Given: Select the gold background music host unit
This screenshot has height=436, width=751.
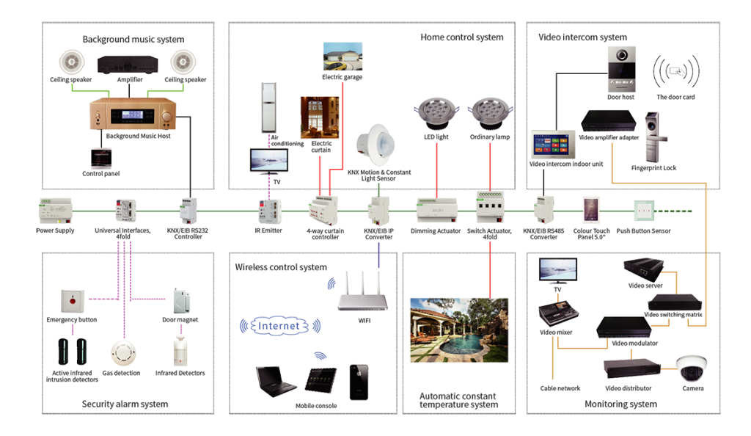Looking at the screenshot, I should (x=135, y=115).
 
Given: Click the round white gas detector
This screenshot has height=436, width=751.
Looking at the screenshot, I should (x=123, y=353).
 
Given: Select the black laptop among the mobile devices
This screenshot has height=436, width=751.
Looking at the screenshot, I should (x=276, y=380).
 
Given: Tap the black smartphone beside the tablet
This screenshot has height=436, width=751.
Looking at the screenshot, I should (x=359, y=382).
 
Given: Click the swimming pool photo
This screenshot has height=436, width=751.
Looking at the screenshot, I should (x=458, y=330).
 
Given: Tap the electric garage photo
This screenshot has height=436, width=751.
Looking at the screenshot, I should (x=342, y=57).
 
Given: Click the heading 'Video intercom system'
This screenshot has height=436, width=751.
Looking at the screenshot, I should (x=582, y=37).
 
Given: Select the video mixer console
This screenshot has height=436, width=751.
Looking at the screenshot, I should (x=557, y=315).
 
